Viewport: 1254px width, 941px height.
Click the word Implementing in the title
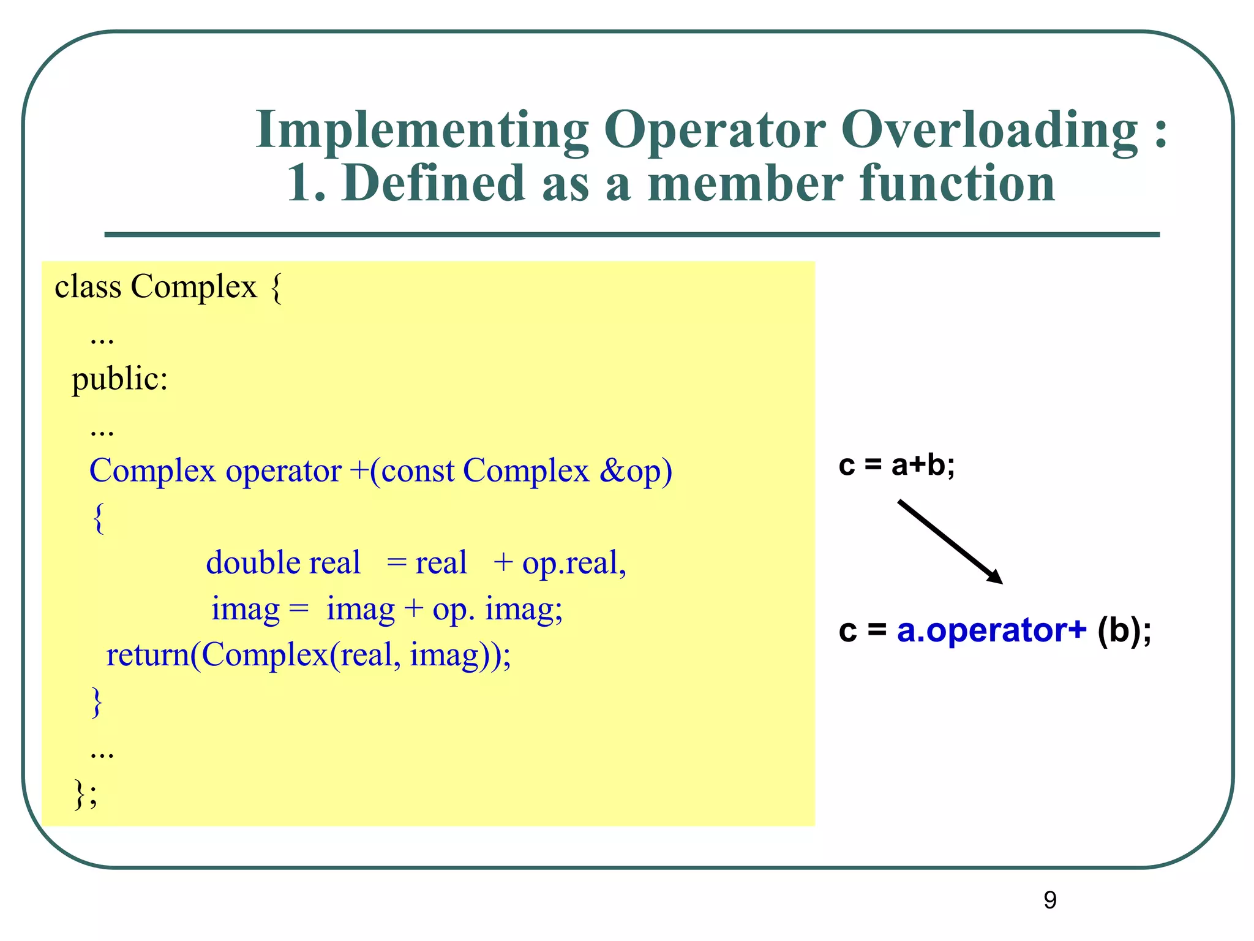point(422,130)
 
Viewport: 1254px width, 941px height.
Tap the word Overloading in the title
point(989,130)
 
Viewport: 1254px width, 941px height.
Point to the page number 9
point(1049,900)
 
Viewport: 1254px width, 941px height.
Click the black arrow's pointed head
point(995,577)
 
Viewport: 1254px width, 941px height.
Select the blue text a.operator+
point(991,630)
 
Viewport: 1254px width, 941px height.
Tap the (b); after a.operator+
point(1124,630)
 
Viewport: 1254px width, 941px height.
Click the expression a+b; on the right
point(923,466)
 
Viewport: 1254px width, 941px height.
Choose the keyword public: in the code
point(120,379)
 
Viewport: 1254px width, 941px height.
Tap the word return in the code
point(148,654)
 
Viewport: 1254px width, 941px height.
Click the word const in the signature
point(418,470)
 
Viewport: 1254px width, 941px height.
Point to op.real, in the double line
point(574,562)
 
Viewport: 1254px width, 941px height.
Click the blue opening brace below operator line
point(98,518)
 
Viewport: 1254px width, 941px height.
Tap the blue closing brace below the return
point(96,701)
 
